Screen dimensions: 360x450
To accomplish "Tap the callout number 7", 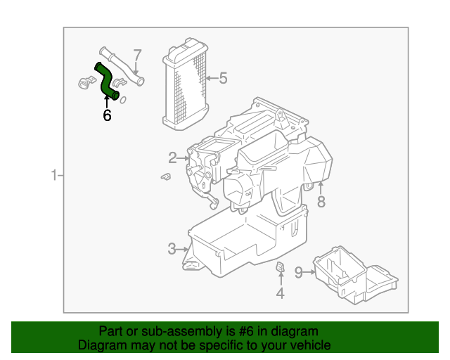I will coord(138,54).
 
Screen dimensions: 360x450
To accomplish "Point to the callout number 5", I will coord(223,78).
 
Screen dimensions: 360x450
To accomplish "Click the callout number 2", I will coord(172,157).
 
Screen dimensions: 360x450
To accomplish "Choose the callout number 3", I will coord(172,248).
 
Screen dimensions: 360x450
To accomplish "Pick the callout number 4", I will coord(280,293).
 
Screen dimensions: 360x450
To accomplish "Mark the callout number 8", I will coord(321,202).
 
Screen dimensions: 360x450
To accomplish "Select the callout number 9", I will coord(298,272).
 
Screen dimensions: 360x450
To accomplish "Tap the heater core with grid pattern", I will coord(186,84).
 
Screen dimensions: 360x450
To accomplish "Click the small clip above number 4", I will coord(279,266).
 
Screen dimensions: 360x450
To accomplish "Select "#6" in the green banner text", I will coord(239,331).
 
